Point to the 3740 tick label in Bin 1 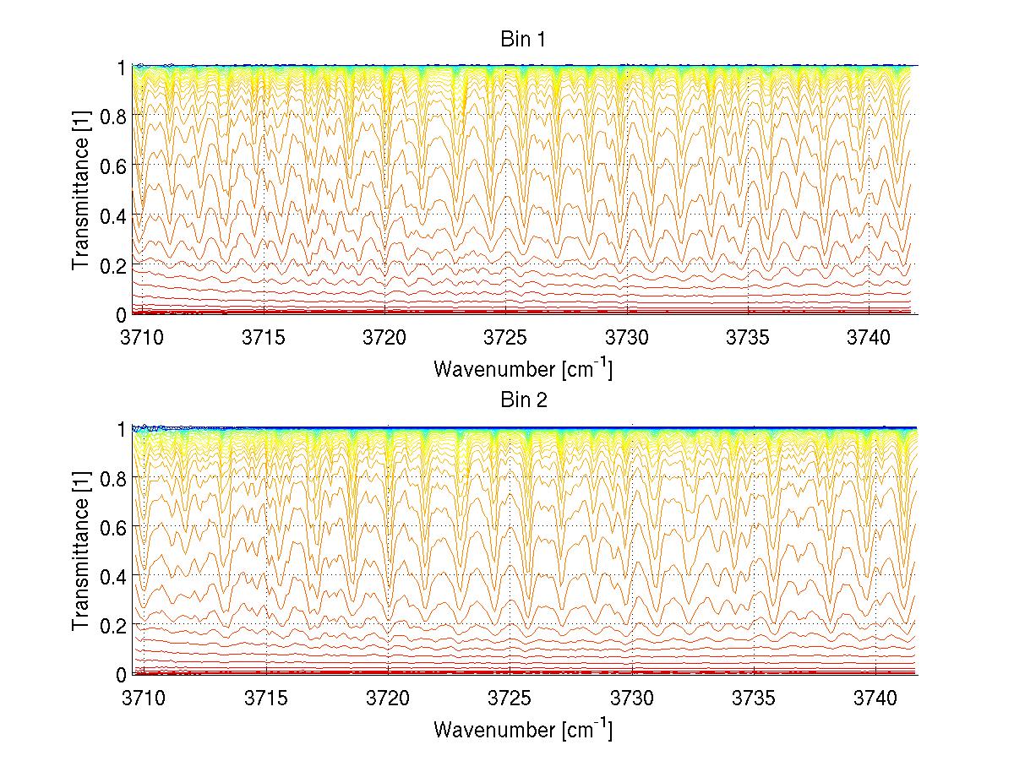[870, 337]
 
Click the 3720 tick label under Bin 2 [387, 698]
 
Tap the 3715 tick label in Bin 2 [265, 698]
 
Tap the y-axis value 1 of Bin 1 [123, 67]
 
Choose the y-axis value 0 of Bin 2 [123, 674]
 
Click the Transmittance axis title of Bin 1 [81, 190]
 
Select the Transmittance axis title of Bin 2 [81, 551]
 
